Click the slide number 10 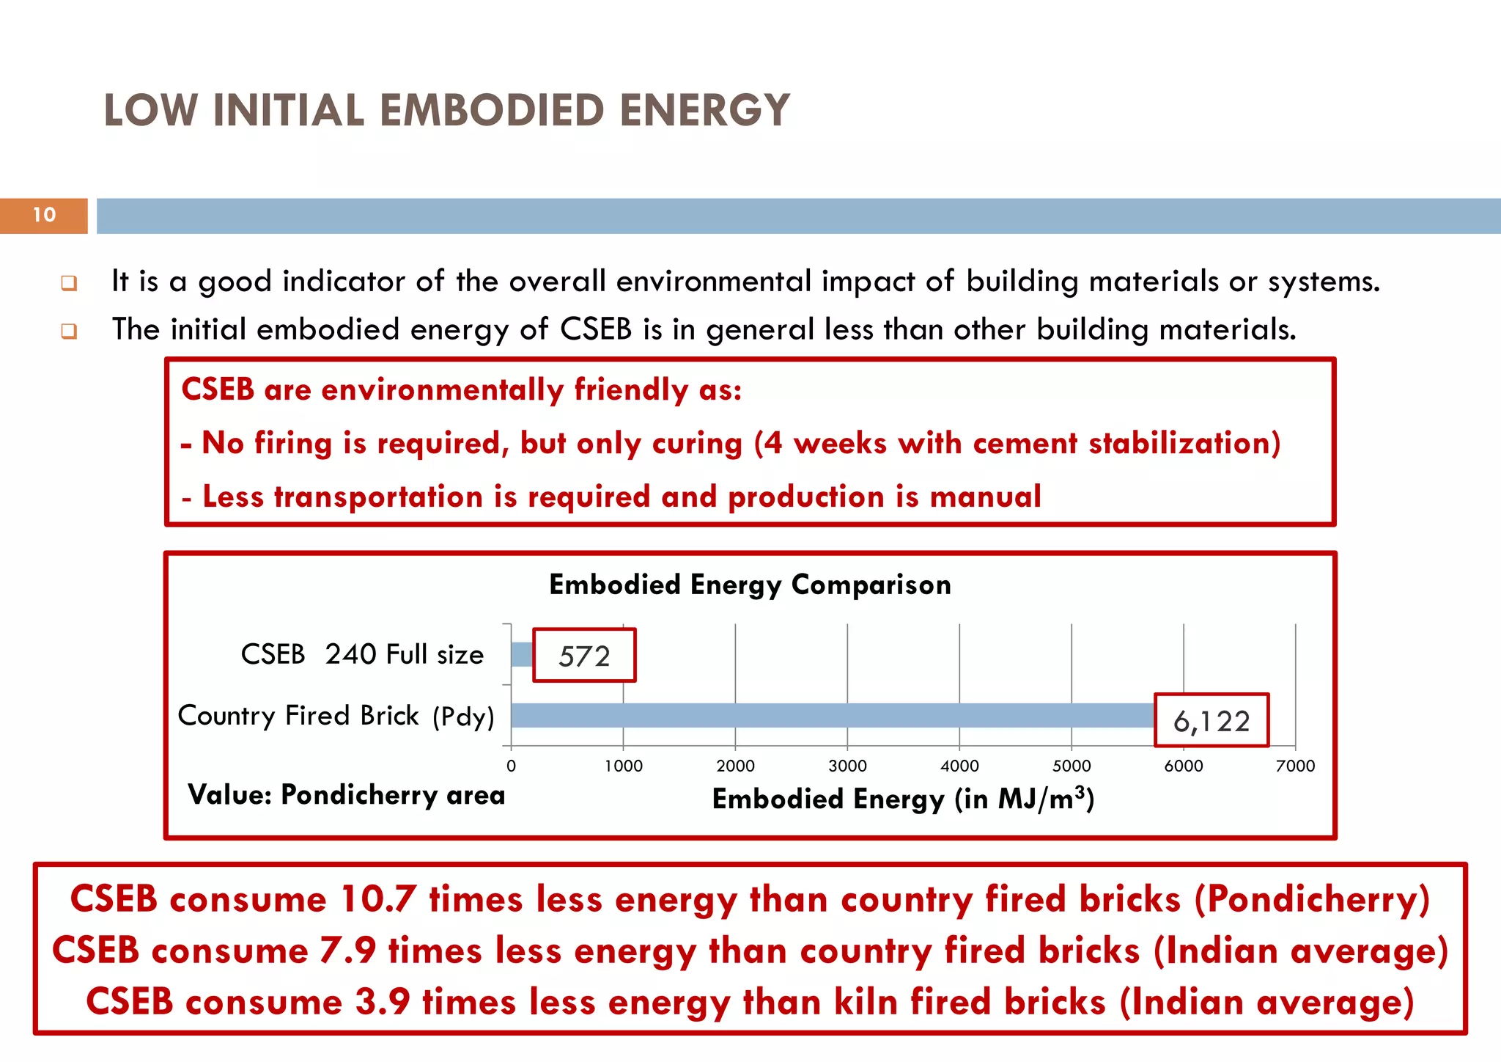tap(44, 215)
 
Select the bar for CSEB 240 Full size tap(522, 654)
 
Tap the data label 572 tap(584, 656)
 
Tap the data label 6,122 tap(1211, 722)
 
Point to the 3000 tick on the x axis tap(847, 766)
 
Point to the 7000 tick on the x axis tap(1295, 766)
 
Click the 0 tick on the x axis tap(511, 766)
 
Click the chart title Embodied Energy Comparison tap(750, 585)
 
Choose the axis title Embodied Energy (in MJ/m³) tap(903, 799)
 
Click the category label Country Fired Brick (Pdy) tap(336, 716)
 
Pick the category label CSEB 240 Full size tap(362, 654)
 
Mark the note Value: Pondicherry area tap(346, 795)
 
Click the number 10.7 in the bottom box tap(379, 900)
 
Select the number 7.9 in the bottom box tap(348, 951)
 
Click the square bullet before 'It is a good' tap(69, 283)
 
